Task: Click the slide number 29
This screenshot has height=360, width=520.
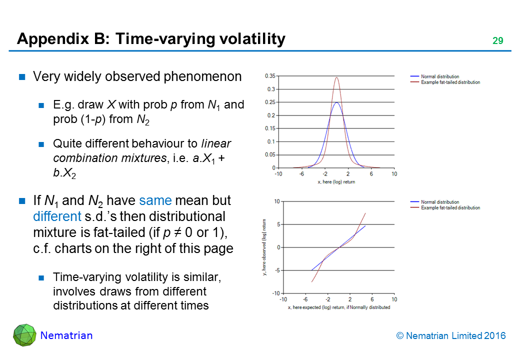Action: (497, 41)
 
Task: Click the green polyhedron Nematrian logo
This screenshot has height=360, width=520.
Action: (24, 335)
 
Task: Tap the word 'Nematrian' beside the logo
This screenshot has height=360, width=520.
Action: (66, 335)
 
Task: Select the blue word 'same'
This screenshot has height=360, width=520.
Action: (155, 201)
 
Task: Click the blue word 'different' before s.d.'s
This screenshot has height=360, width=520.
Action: (55, 216)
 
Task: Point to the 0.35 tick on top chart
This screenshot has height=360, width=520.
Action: (269, 76)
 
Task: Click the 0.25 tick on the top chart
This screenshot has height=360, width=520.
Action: (269, 102)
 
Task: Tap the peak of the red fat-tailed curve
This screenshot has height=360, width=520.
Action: (336, 77)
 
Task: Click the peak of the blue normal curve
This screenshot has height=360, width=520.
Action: (336, 103)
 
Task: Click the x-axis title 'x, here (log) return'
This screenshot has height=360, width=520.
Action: (336, 182)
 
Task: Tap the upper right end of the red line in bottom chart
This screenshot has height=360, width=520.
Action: (365, 213)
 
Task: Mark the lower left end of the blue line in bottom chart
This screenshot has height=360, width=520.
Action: (311, 270)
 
